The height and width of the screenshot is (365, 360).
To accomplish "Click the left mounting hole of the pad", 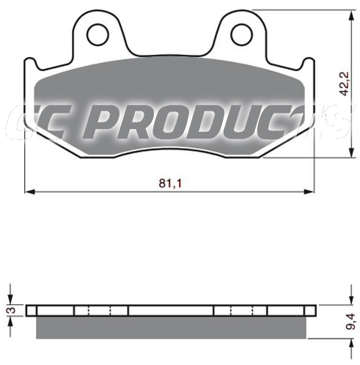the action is pos(98,34).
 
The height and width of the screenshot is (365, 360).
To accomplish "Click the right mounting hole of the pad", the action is pos(241,34).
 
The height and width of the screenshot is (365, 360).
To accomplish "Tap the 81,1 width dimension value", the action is pos(170,183).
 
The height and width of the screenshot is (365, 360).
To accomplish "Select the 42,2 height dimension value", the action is pos(345,84).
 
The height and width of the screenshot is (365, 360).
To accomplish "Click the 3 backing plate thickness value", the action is pos(12,310).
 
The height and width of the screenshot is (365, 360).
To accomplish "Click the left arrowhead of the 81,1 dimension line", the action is pos(30,192).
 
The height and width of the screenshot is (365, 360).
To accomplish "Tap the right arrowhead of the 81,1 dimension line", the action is pos(309,192).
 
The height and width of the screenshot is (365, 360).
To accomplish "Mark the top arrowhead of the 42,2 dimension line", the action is pos(351,15).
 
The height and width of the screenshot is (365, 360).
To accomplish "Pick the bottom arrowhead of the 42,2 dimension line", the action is pos(351,152).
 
